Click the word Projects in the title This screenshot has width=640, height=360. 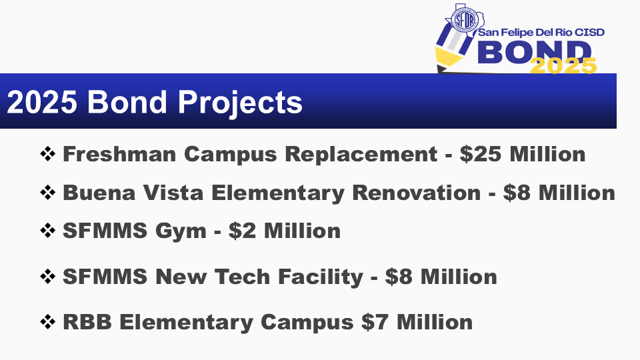(240, 103)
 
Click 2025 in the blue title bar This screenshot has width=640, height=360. (42, 102)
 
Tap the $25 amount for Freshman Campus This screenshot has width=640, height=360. (481, 154)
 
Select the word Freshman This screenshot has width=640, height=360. (119, 154)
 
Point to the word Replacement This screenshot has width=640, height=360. (361, 154)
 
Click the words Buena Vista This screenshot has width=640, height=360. (133, 193)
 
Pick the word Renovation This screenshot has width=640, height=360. (416, 193)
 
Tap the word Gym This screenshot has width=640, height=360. (181, 231)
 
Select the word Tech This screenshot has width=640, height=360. (243, 277)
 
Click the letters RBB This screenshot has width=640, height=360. (87, 322)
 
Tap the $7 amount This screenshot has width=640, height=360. (375, 322)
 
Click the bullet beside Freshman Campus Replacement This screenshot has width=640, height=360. (48, 154)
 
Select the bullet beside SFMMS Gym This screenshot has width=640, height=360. (48, 231)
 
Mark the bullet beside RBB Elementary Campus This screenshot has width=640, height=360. (48, 322)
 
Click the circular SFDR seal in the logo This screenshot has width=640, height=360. (465, 19)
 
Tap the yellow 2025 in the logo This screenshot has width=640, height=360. (563, 66)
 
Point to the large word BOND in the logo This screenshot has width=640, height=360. (535, 53)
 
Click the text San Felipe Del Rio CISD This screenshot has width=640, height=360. (541, 32)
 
